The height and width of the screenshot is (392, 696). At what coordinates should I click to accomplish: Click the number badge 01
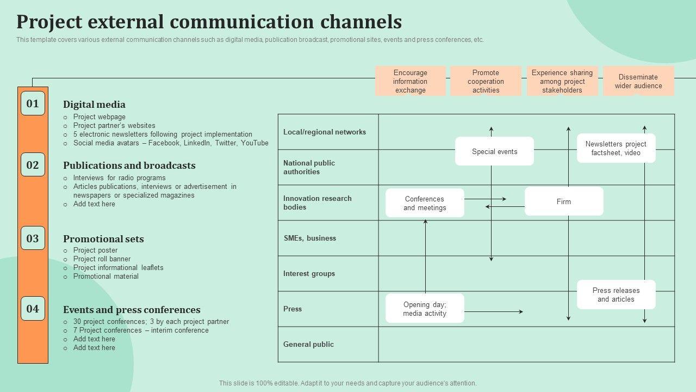pos(33,103)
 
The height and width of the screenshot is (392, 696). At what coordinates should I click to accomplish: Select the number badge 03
pos(33,238)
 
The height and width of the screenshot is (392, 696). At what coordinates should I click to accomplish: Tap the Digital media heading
pos(94,105)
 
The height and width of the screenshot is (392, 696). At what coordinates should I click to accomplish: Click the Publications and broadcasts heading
pos(129,166)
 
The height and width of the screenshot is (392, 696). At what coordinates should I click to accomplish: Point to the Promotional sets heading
pos(103,239)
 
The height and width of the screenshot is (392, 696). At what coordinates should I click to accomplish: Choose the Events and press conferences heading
pos(132,310)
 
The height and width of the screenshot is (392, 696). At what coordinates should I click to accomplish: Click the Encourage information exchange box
pos(410,81)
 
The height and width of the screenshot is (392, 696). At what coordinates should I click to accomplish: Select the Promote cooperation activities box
pos(486,81)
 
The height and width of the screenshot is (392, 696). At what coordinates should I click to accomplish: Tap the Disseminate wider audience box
pos(638,81)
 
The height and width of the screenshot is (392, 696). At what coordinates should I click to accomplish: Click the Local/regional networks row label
pos(324,132)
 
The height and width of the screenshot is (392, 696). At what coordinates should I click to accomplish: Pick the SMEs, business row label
pos(309,238)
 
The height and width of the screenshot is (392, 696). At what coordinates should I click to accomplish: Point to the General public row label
pos(308,344)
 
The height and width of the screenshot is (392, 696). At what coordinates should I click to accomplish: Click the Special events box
pos(494,151)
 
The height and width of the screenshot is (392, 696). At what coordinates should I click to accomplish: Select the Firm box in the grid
pos(563,201)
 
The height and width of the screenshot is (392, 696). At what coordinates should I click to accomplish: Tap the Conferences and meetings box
pos(425,203)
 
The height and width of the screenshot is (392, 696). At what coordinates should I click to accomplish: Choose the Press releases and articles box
pos(616,295)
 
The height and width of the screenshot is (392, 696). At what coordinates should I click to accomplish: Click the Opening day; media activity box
pos(425,309)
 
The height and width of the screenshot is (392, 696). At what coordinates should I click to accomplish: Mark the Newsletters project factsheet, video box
pos(616,148)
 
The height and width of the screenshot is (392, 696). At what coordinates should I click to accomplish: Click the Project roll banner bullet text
pos(102,259)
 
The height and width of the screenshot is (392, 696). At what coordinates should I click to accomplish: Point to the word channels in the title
pos(361,22)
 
